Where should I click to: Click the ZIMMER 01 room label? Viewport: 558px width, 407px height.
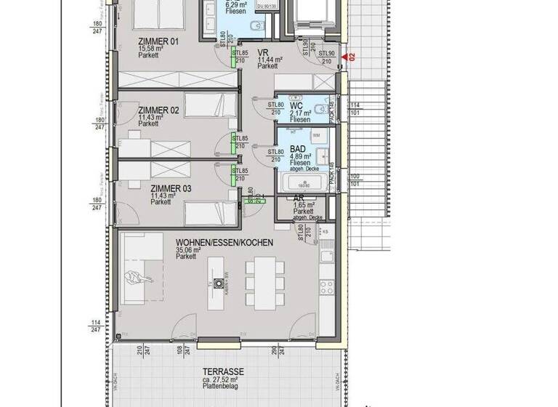pyautogui.click(x=158, y=41)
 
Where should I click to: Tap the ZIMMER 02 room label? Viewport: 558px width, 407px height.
pyautogui.click(x=158, y=110)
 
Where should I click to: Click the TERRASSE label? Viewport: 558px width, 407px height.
pyautogui.click(x=223, y=371)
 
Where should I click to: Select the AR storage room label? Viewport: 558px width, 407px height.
pyautogui.click(x=298, y=198)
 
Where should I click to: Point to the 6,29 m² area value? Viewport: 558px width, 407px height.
pyautogui.click(x=238, y=5)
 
